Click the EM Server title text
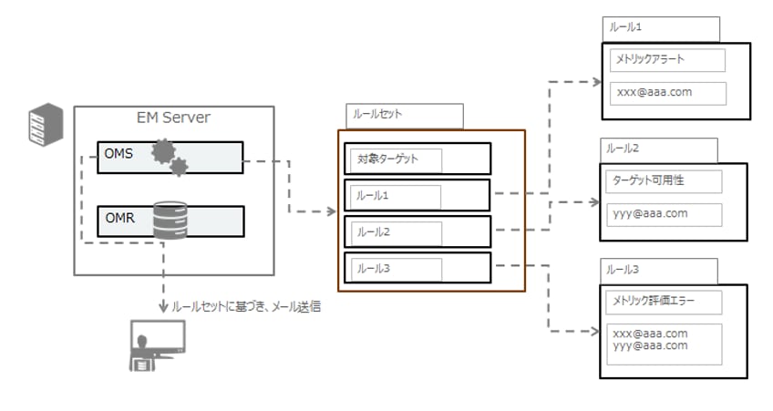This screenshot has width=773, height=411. point(172,118)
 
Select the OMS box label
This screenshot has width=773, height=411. point(119,153)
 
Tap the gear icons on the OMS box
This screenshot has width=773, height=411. point(169,157)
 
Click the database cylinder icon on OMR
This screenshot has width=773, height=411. point(170,221)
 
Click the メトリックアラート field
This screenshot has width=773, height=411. point(667,60)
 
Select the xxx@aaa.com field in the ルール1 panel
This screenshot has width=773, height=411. point(667,94)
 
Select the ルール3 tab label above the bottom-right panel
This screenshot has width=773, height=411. point(624,271)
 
